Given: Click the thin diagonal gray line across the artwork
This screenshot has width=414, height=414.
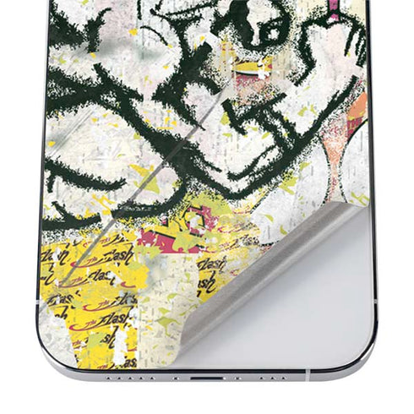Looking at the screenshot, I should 177,152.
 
